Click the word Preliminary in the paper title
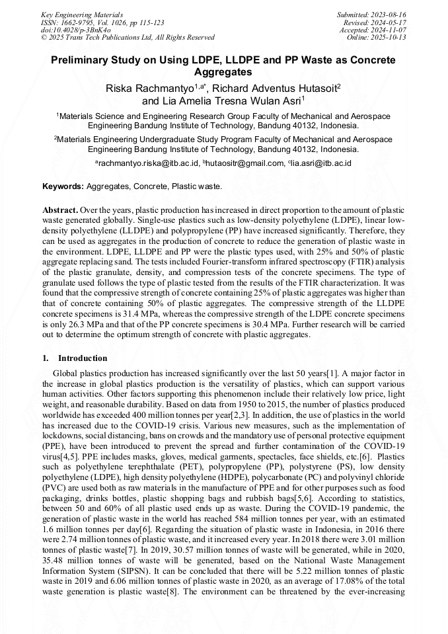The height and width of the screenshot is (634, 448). tap(82, 60)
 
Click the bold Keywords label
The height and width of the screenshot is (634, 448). tap(63, 187)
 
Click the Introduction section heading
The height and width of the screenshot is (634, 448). tap(82, 358)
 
